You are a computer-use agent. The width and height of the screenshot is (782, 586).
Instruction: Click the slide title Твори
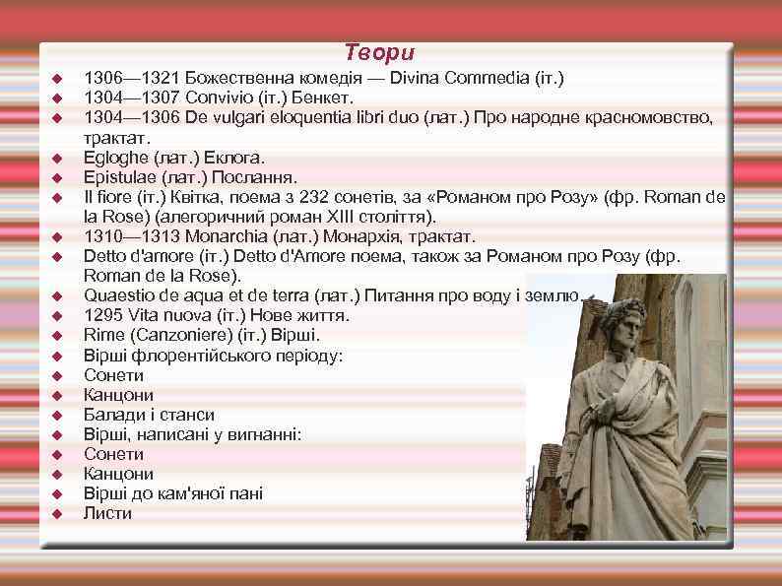coord(380,53)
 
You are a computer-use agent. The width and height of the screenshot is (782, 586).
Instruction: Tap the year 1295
coord(102,315)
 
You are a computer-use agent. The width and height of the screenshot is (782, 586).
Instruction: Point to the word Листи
coord(107,513)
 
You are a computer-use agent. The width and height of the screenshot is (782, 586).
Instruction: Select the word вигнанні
coord(262,434)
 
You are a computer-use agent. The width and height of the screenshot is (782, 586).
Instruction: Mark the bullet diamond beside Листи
coord(57,514)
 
